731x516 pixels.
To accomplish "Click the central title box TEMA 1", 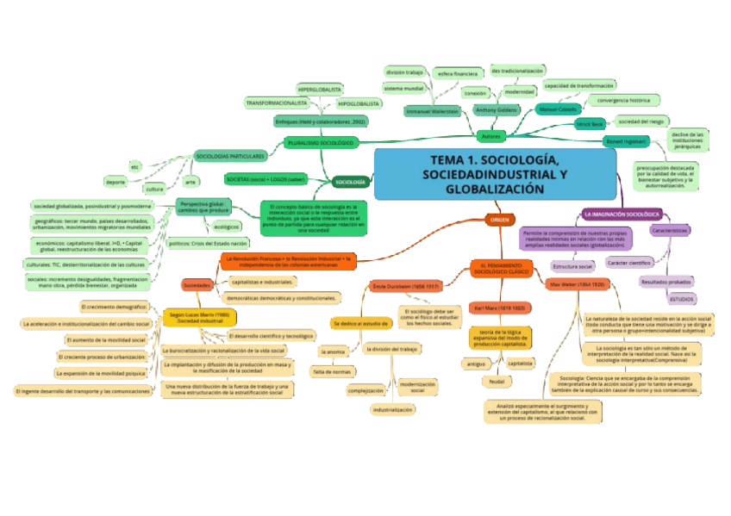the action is tap(495, 175).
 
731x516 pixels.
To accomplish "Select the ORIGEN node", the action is tap(500, 220).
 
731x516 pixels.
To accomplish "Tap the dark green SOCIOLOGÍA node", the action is tap(351, 182).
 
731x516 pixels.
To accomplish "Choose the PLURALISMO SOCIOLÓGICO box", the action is tap(320, 142).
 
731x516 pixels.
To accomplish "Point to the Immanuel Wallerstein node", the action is tap(432, 111).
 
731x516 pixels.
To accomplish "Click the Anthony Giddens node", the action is tap(496, 109).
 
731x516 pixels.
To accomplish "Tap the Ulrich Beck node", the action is tap(590, 124).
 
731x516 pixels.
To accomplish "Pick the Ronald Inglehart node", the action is tap(625, 140).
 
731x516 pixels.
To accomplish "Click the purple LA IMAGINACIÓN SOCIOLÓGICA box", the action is tap(622, 213).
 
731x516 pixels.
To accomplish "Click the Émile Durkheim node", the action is tap(405, 284).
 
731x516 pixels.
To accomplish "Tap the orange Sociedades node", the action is tap(197, 284).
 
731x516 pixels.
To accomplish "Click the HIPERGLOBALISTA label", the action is tap(320, 90).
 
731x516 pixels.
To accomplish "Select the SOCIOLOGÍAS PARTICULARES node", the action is tap(229, 157).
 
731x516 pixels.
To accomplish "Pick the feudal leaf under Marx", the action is tap(497, 381).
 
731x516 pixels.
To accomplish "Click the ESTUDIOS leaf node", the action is tap(682, 298).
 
